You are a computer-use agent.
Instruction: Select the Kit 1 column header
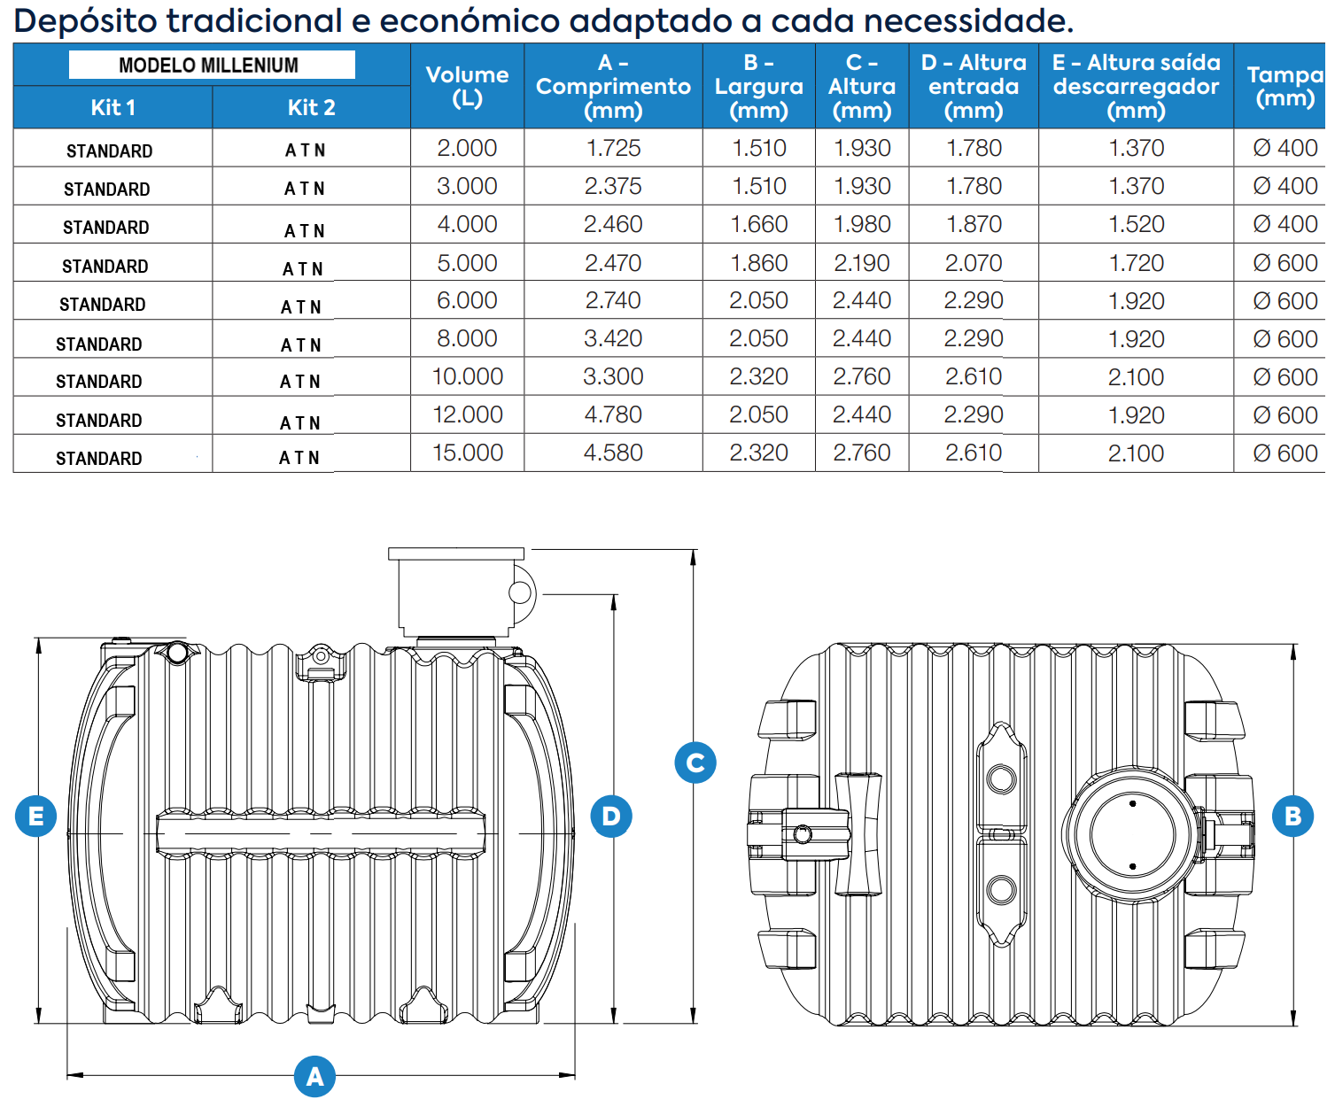[113, 107]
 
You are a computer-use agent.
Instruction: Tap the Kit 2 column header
[311, 107]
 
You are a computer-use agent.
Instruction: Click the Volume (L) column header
[467, 86]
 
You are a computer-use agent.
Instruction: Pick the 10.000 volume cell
[467, 376]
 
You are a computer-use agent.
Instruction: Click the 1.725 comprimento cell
[613, 148]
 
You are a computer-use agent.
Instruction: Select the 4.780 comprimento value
[613, 414]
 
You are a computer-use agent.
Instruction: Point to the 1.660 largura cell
[758, 224]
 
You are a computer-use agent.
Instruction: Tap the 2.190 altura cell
[862, 263]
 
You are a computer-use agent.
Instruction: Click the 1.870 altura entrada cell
[974, 224]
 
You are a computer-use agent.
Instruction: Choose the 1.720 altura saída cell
[1137, 263]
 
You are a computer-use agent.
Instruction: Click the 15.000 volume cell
[467, 453]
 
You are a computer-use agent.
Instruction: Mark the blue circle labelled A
[314, 1076]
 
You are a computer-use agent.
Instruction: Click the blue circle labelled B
[1292, 816]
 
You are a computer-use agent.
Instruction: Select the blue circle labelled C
[695, 763]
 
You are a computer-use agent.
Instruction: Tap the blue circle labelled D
[611, 816]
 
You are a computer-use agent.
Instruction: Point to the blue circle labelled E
[36, 816]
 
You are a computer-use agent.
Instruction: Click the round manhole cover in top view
[1132, 834]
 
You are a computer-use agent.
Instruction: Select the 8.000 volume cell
[467, 338]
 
